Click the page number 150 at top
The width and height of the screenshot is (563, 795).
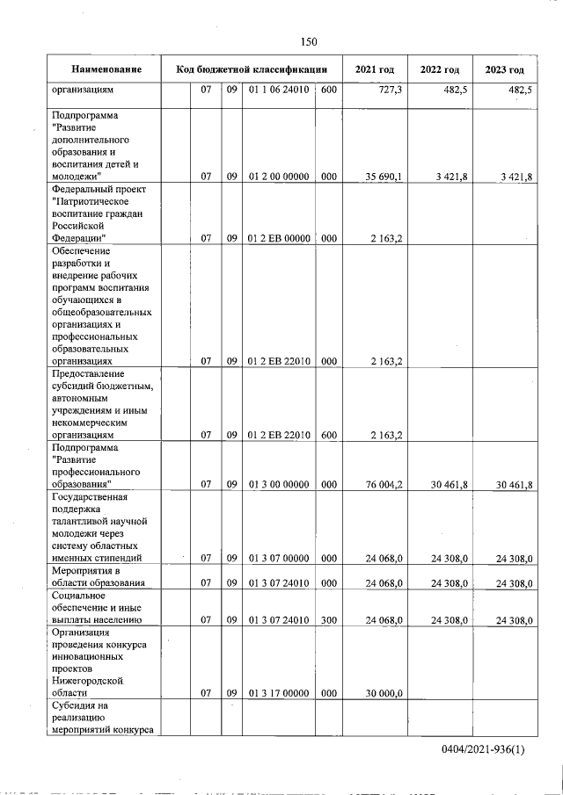pos(308,41)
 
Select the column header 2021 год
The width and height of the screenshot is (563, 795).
pos(374,69)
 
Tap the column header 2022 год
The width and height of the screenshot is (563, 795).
pos(439,69)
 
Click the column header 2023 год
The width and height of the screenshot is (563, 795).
pos(505,69)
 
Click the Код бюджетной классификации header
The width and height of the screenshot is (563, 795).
pos(252,69)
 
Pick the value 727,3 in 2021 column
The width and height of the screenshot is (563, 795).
pos(387,90)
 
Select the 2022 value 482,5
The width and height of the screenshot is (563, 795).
pos(454,90)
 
